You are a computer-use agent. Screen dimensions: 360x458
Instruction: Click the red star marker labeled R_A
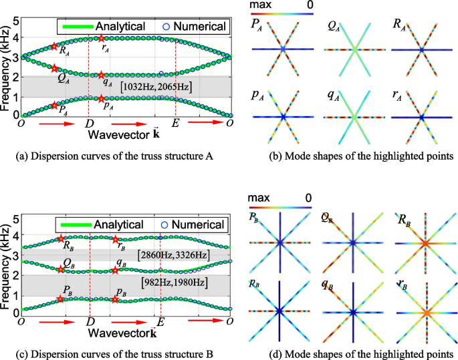click(54, 47)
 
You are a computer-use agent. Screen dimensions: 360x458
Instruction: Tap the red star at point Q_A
click(54, 69)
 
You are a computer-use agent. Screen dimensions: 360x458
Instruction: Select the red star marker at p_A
click(101, 99)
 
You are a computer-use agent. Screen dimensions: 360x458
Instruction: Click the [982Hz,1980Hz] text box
click(174, 283)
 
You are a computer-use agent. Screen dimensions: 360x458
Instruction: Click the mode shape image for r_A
click(421, 117)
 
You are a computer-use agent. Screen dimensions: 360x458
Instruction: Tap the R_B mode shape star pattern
click(421, 243)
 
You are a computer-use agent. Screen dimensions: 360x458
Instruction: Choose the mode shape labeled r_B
click(421, 311)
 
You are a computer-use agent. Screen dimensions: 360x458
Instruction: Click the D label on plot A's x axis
click(89, 124)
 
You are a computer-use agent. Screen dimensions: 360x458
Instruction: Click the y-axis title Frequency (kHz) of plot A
click(7, 67)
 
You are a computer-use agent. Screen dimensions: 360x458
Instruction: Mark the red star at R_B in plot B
click(62, 238)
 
